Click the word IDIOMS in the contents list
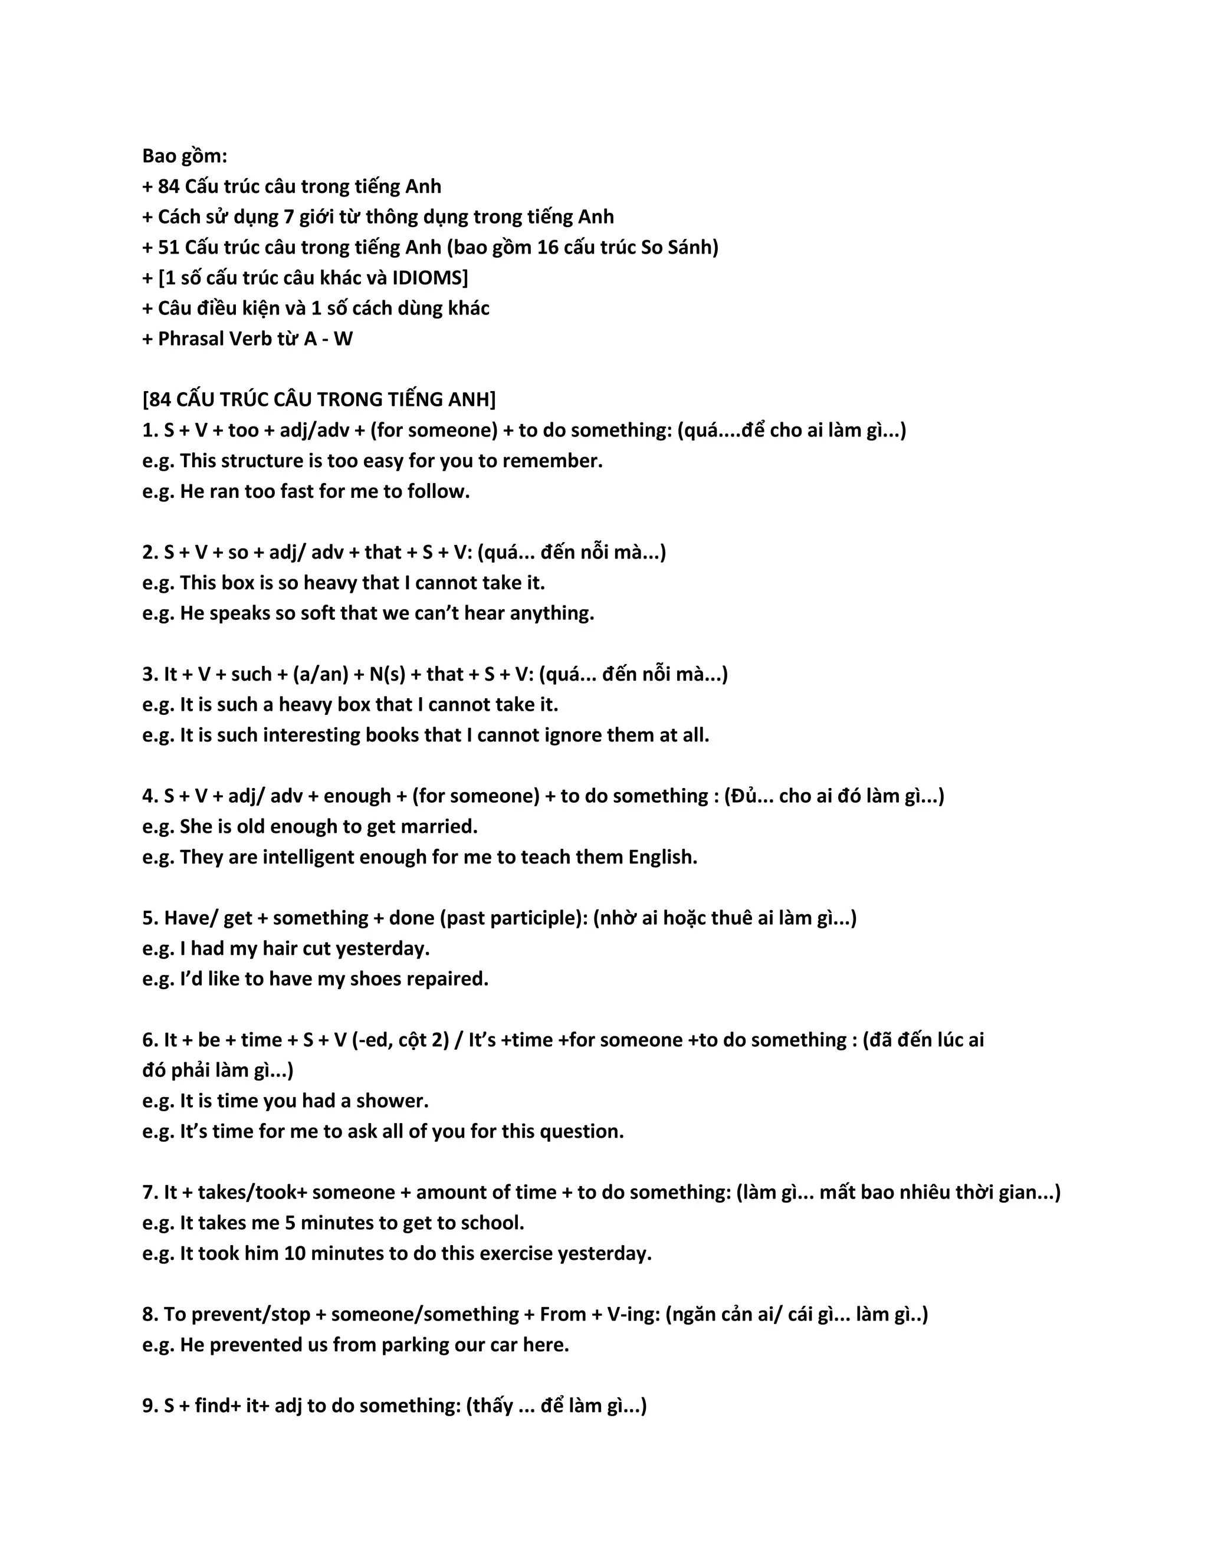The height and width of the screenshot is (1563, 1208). point(426,278)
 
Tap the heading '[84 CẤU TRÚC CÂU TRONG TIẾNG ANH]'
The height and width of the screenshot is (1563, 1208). point(319,399)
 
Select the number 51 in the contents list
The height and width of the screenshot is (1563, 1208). point(168,248)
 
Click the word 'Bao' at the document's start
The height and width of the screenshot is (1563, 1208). point(158,156)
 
